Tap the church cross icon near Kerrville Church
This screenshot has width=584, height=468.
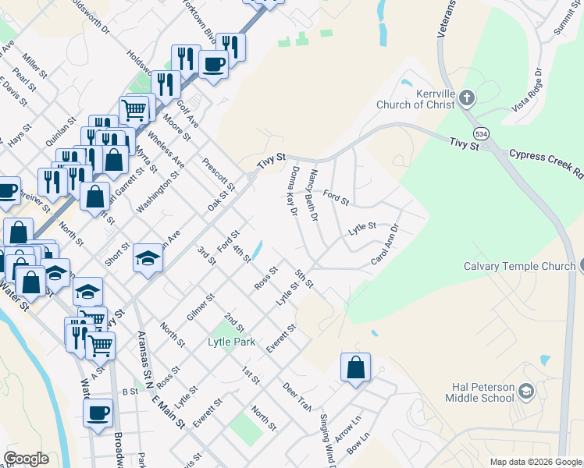coord(467,98)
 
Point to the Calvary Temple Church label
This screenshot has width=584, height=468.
coord(518,266)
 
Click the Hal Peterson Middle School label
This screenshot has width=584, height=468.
coord(481,392)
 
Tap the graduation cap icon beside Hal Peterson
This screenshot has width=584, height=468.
coord(526,390)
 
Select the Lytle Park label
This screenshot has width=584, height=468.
coord(231,342)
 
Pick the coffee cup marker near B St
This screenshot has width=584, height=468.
coord(98,414)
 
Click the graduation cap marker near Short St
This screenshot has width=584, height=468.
coord(147,258)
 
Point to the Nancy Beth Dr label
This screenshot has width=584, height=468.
coord(314,196)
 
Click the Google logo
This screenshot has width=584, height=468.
coord(26,459)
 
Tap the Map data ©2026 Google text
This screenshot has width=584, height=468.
coord(536,462)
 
